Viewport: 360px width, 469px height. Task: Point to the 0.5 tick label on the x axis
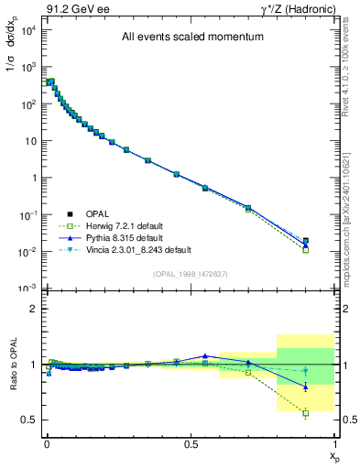coord(191,443)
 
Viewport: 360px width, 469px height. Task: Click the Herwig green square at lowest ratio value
coord(306,413)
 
